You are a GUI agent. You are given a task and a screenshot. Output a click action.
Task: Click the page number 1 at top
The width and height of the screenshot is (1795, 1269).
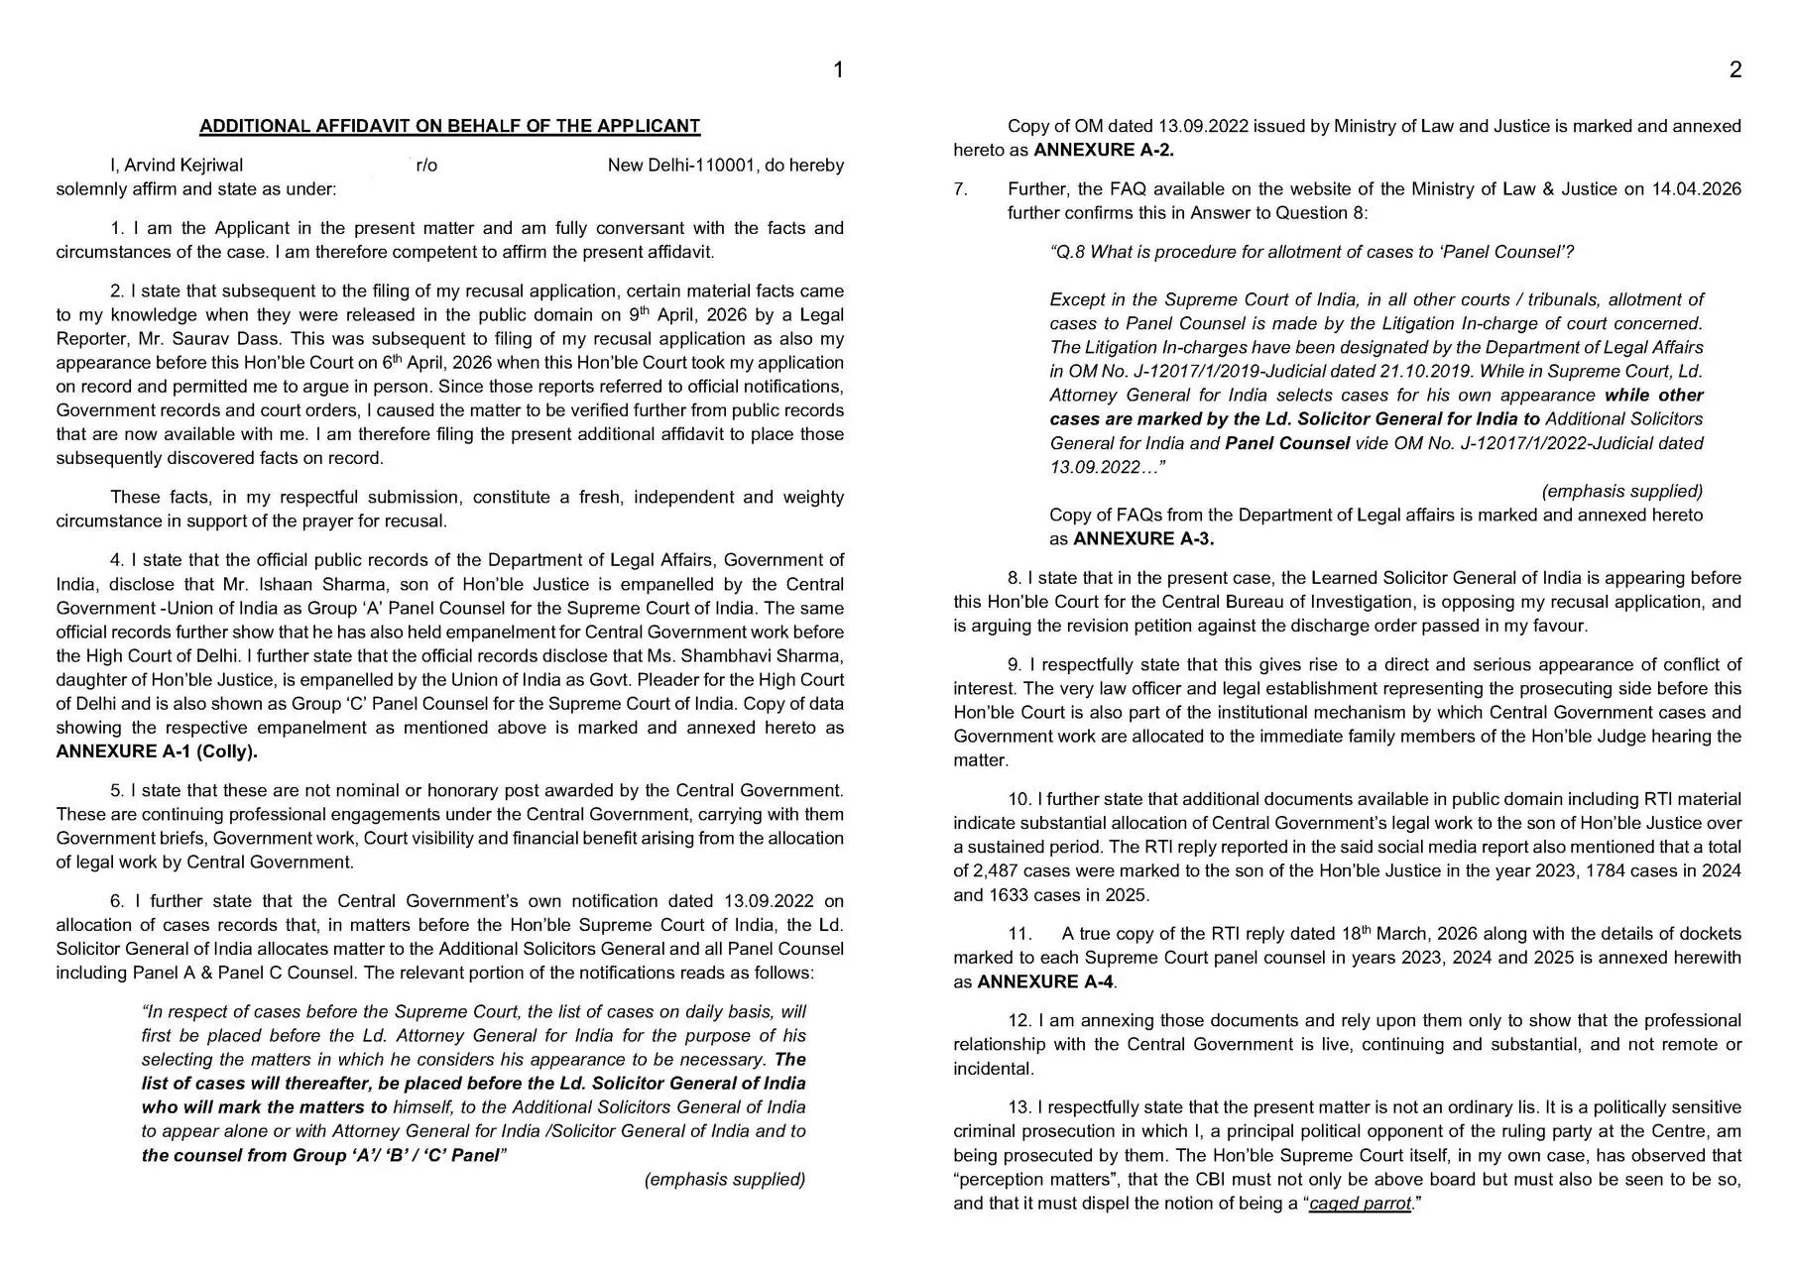click(x=838, y=69)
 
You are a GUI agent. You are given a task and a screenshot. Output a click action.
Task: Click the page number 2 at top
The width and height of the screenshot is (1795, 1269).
click(x=1735, y=69)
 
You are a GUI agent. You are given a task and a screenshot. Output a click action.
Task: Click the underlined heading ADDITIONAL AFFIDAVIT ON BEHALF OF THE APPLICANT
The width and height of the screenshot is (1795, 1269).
click(x=449, y=126)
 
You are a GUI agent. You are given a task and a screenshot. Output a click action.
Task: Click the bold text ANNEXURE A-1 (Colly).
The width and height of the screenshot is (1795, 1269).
click(x=157, y=751)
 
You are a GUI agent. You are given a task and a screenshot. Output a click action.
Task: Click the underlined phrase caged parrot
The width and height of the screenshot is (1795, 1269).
click(x=1360, y=1204)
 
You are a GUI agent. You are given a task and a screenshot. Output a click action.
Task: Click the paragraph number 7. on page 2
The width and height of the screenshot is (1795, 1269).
click(x=960, y=189)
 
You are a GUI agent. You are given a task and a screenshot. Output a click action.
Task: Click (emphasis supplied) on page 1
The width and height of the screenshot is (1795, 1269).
click(x=725, y=1180)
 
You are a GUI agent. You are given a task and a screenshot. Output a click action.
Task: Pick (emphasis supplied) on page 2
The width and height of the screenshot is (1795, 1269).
click(x=1622, y=492)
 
